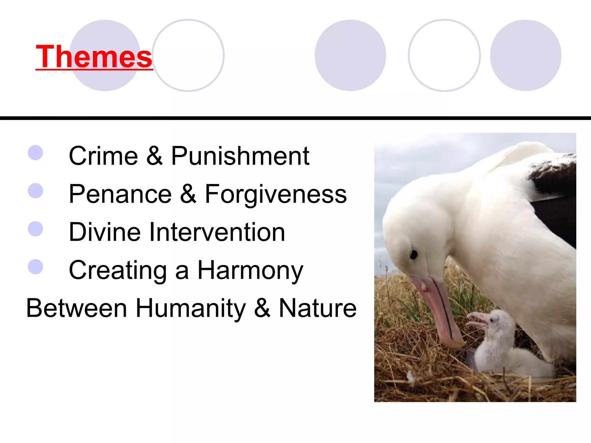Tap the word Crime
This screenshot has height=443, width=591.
tap(103, 156)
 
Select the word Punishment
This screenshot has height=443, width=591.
tap(240, 156)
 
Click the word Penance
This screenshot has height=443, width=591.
tap(120, 194)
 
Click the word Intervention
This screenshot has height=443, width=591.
tap(217, 232)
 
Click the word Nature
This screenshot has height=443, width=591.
tap(318, 308)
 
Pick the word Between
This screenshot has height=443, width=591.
tap(76, 308)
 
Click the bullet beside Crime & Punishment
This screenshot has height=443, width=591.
tap(35, 153)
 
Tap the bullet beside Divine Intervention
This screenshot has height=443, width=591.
tap(35, 229)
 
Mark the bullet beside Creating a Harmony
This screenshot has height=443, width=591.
tap(35, 267)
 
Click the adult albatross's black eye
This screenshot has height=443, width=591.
tap(414, 254)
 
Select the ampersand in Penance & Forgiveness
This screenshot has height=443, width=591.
tap(188, 194)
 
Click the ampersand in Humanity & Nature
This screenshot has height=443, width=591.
tap(262, 308)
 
